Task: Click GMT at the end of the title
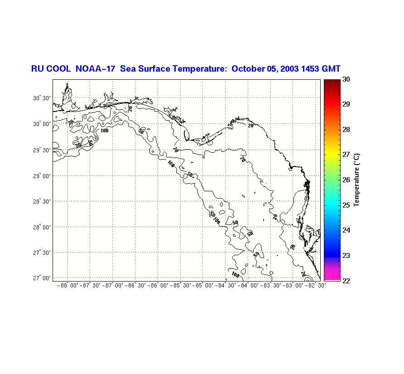(332, 69)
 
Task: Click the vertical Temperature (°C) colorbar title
(357, 180)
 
